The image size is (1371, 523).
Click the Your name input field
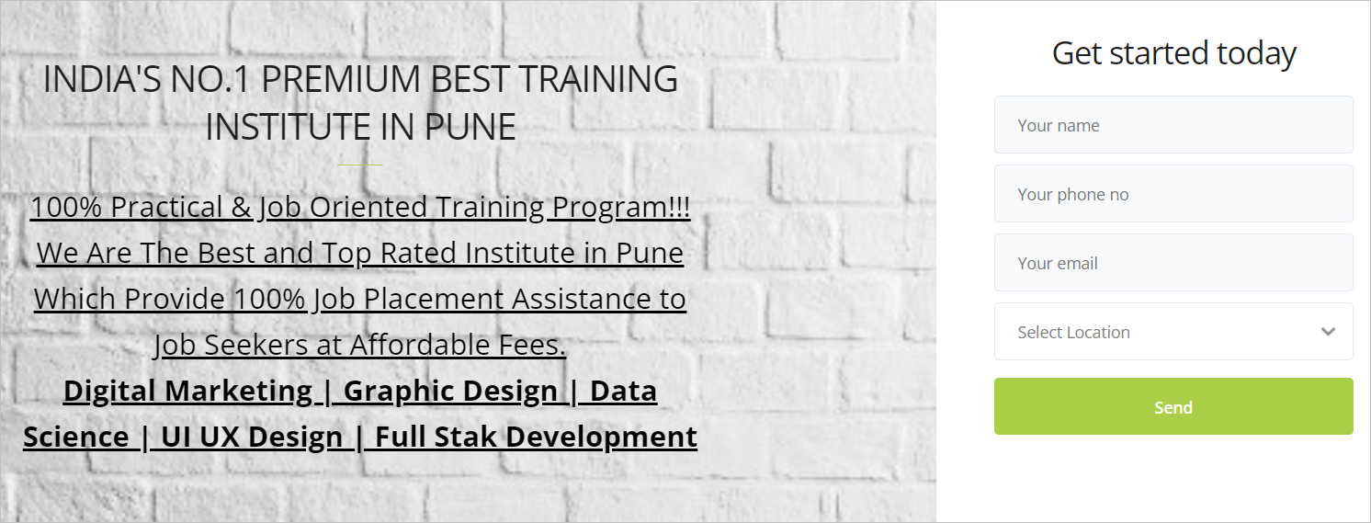(x=1173, y=125)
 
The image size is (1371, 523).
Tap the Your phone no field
(x=1173, y=194)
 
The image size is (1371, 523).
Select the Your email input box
(x=1173, y=263)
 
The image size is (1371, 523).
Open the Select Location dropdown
(x=1173, y=332)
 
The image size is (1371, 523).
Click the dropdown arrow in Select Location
(x=1328, y=332)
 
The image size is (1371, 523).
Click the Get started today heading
(x=1174, y=53)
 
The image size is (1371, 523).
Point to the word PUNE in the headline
(x=470, y=127)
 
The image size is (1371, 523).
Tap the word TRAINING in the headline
(x=598, y=80)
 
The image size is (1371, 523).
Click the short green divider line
(x=360, y=165)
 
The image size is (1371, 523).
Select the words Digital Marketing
(x=187, y=392)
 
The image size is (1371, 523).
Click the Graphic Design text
(x=450, y=392)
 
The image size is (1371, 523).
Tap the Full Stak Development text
(x=536, y=438)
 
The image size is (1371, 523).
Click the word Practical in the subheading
(x=166, y=207)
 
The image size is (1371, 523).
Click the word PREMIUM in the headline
(x=342, y=80)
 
